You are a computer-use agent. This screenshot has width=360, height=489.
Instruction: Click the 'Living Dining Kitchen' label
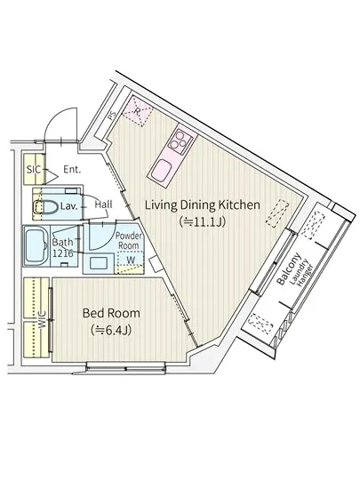(x=203, y=205)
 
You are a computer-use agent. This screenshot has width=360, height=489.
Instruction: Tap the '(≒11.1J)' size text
(x=203, y=221)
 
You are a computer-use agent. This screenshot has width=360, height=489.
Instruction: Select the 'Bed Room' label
(x=111, y=313)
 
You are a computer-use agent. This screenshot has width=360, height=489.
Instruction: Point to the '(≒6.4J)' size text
(x=111, y=330)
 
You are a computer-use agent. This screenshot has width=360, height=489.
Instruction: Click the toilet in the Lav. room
(x=46, y=207)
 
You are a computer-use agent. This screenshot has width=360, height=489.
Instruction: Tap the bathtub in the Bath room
(x=36, y=245)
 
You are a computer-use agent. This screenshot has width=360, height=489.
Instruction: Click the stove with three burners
(x=180, y=142)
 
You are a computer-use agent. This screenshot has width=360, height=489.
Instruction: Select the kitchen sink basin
(x=161, y=170)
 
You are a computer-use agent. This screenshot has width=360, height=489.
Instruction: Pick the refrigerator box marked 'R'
(x=138, y=111)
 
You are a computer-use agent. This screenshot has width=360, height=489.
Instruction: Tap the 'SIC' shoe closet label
(x=34, y=170)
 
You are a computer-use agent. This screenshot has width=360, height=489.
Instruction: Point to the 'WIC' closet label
(x=42, y=320)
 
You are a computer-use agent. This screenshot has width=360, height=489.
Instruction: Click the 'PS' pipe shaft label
(x=112, y=116)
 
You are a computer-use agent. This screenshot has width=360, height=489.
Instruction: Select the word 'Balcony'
(x=289, y=269)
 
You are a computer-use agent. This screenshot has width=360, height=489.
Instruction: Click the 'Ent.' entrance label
(x=72, y=170)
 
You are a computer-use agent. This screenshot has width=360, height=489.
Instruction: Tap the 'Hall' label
(x=103, y=204)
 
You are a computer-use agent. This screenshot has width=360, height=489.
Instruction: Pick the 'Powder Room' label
(x=129, y=240)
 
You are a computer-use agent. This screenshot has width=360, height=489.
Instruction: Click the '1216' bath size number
(x=63, y=253)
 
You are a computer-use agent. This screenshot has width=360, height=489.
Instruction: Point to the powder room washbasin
(x=99, y=263)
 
